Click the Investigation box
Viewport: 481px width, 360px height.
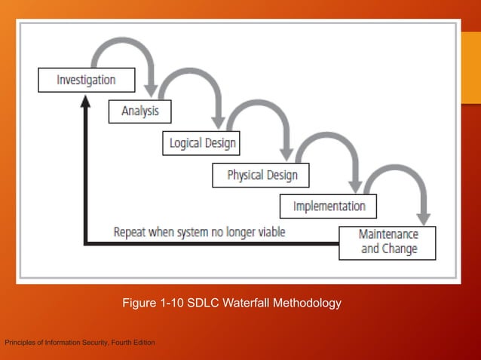(x=87, y=80)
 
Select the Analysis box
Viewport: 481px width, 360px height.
(x=140, y=111)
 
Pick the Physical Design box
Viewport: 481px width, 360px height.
(x=262, y=175)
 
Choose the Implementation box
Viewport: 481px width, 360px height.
(x=329, y=206)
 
